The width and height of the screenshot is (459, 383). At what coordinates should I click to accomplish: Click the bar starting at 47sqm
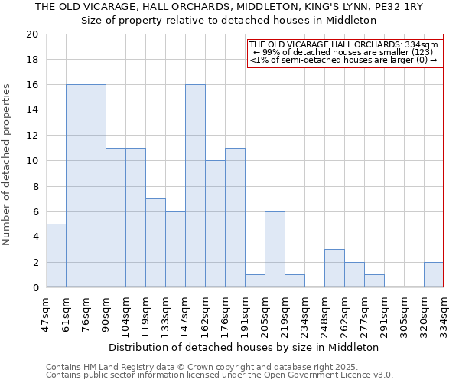[56, 256]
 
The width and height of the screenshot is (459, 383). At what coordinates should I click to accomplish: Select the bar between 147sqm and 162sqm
[195, 186]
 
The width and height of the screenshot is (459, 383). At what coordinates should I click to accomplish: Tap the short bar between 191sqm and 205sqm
[255, 281]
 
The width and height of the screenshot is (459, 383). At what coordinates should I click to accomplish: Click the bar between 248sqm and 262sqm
[334, 269]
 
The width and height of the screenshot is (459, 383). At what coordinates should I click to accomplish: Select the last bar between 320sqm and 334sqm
[434, 275]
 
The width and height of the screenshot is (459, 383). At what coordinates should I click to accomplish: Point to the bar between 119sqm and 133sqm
[155, 244]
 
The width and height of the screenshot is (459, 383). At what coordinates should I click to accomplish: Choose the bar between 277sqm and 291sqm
[374, 281]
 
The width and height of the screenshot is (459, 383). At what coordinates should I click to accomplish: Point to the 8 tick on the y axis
[34, 186]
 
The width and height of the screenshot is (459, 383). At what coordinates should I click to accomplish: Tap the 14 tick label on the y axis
[31, 110]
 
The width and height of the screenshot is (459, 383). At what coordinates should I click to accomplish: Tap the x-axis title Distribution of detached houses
[244, 347]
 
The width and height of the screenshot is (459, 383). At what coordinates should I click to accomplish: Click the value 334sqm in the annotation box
[425, 45]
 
